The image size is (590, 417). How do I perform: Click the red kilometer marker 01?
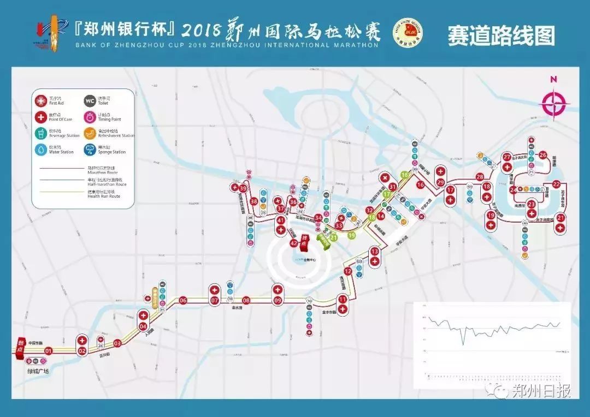click(48, 351)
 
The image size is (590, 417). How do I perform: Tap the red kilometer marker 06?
click(183, 300)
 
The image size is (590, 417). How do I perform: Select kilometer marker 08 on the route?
click(246, 300)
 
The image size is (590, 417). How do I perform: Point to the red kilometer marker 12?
click(347, 271)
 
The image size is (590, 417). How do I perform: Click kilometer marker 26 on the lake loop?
click(542, 155)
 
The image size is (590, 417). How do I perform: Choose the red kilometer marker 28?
click(480, 177)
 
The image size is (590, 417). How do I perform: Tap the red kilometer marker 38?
click(254, 201)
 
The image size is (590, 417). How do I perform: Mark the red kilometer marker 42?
click(293, 243)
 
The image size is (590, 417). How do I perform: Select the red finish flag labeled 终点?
click(306, 242)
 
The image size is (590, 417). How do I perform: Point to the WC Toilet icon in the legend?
click(90, 100)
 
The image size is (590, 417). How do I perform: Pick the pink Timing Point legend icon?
click(90, 117)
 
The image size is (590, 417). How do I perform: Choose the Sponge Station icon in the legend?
click(90, 150)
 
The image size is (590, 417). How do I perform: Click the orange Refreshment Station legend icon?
click(90, 133)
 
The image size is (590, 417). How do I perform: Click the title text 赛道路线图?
click(501, 35)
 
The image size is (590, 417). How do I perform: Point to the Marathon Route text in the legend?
click(103, 172)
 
